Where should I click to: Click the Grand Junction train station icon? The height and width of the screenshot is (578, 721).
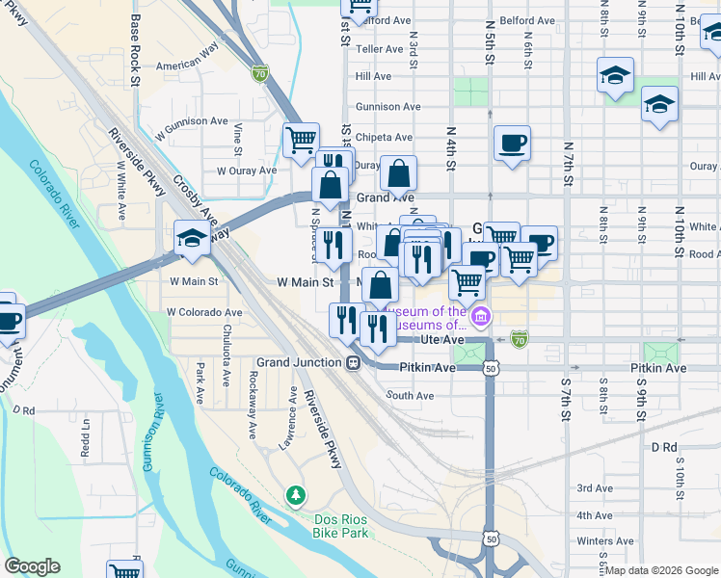pyautogui.click(x=354, y=363)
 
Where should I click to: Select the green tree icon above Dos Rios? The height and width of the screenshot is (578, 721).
pyautogui.click(x=296, y=495)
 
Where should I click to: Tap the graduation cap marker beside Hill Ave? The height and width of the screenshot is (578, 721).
pyautogui.click(x=614, y=75)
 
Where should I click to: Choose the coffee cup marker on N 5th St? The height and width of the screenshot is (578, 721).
pyautogui.click(x=511, y=144)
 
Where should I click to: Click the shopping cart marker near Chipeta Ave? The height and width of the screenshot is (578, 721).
pyautogui.click(x=301, y=140)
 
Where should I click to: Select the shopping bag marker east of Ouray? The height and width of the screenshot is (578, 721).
pyautogui.click(x=398, y=174)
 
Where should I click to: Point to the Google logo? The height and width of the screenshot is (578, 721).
pyautogui.click(x=33, y=566)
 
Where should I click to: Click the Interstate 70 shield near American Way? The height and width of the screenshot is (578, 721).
pyautogui.click(x=259, y=72)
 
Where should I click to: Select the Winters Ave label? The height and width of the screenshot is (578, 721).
pyautogui.click(x=604, y=541)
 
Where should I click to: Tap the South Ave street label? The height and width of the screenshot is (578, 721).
pyautogui.click(x=410, y=396)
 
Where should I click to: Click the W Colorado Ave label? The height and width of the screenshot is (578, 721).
pyautogui.click(x=204, y=312)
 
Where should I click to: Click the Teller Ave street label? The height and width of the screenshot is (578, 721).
pyautogui.click(x=379, y=48)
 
